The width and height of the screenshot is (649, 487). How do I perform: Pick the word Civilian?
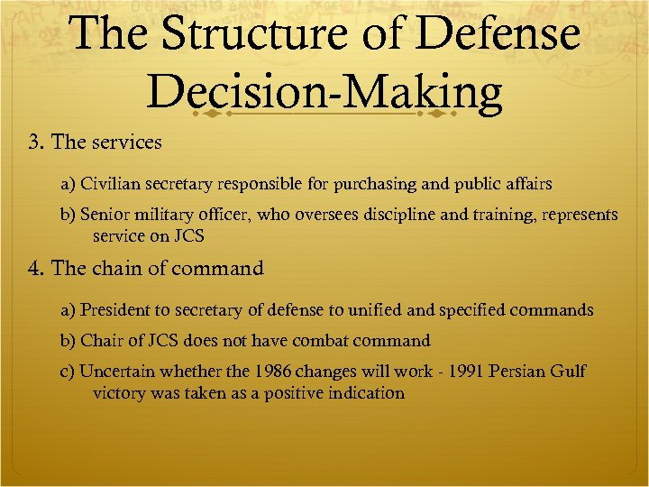(109, 184)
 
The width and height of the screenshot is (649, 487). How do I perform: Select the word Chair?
(99, 341)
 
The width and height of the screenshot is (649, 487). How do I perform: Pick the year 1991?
(452, 372)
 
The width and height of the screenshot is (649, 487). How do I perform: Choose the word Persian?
(516, 372)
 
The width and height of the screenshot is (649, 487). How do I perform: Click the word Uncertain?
(114, 372)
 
